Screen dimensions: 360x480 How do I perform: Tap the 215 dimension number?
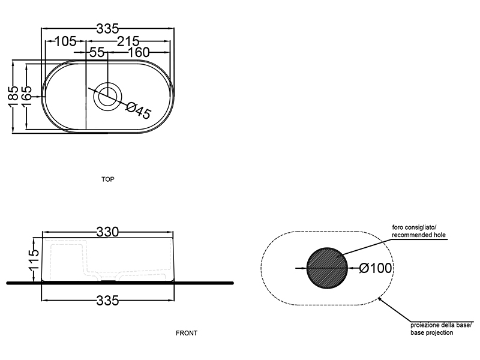(128, 41)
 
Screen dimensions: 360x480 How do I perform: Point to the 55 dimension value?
(97, 53)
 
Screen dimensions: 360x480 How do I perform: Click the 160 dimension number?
(137, 53)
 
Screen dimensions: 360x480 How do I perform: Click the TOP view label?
(108, 179)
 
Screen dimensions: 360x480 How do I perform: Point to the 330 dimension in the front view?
(108, 232)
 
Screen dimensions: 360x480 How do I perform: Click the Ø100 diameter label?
(375, 268)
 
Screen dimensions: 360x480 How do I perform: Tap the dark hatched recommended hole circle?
(326, 267)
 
